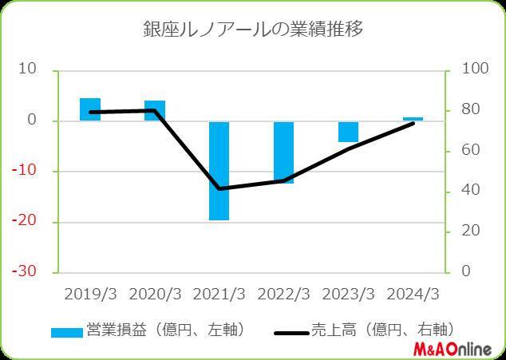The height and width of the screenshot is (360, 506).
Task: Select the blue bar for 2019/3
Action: (x=90, y=109)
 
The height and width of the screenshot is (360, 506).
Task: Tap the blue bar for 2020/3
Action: (x=155, y=111)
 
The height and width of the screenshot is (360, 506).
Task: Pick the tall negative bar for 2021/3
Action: (x=219, y=171)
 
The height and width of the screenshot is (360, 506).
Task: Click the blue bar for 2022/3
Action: (x=283, y=152)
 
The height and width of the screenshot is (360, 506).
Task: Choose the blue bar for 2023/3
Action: (x=348, y=132)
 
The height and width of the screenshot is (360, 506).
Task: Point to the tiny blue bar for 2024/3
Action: (x=413, y=119)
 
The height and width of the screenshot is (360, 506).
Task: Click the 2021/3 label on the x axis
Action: (x=219, y=293)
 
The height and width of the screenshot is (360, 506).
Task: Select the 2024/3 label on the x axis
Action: (x=413, y=293)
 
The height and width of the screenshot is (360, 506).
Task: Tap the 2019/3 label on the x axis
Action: (x=90, y=293)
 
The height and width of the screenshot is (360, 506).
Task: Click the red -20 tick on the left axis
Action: (x=27, y=221)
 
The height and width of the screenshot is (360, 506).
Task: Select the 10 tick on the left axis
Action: (x=30, y=69)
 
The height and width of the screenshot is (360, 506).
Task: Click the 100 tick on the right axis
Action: (x=465, y=69)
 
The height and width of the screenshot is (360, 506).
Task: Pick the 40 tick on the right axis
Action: (x=462, y=191)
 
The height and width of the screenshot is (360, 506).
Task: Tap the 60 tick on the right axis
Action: (x=462, y=150)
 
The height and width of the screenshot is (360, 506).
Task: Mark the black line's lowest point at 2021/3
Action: (x=219, y=188)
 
